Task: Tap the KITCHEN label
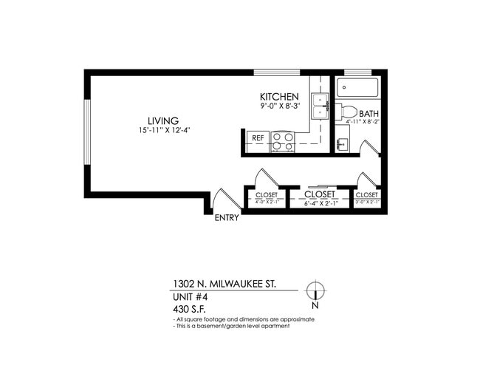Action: tap(279, 97)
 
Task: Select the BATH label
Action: tap(368, 114)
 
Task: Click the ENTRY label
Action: tap(226, 218)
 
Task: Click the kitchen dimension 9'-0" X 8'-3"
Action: tap(279, 107)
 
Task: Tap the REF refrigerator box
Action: tap(258, 138)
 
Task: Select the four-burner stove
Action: tap(282, 140)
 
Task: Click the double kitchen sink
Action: tap(320, 106)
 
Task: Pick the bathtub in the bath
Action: tap(358, 89)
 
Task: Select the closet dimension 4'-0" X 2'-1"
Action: tap(267, 202)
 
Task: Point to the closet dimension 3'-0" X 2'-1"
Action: tap(367, 202)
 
